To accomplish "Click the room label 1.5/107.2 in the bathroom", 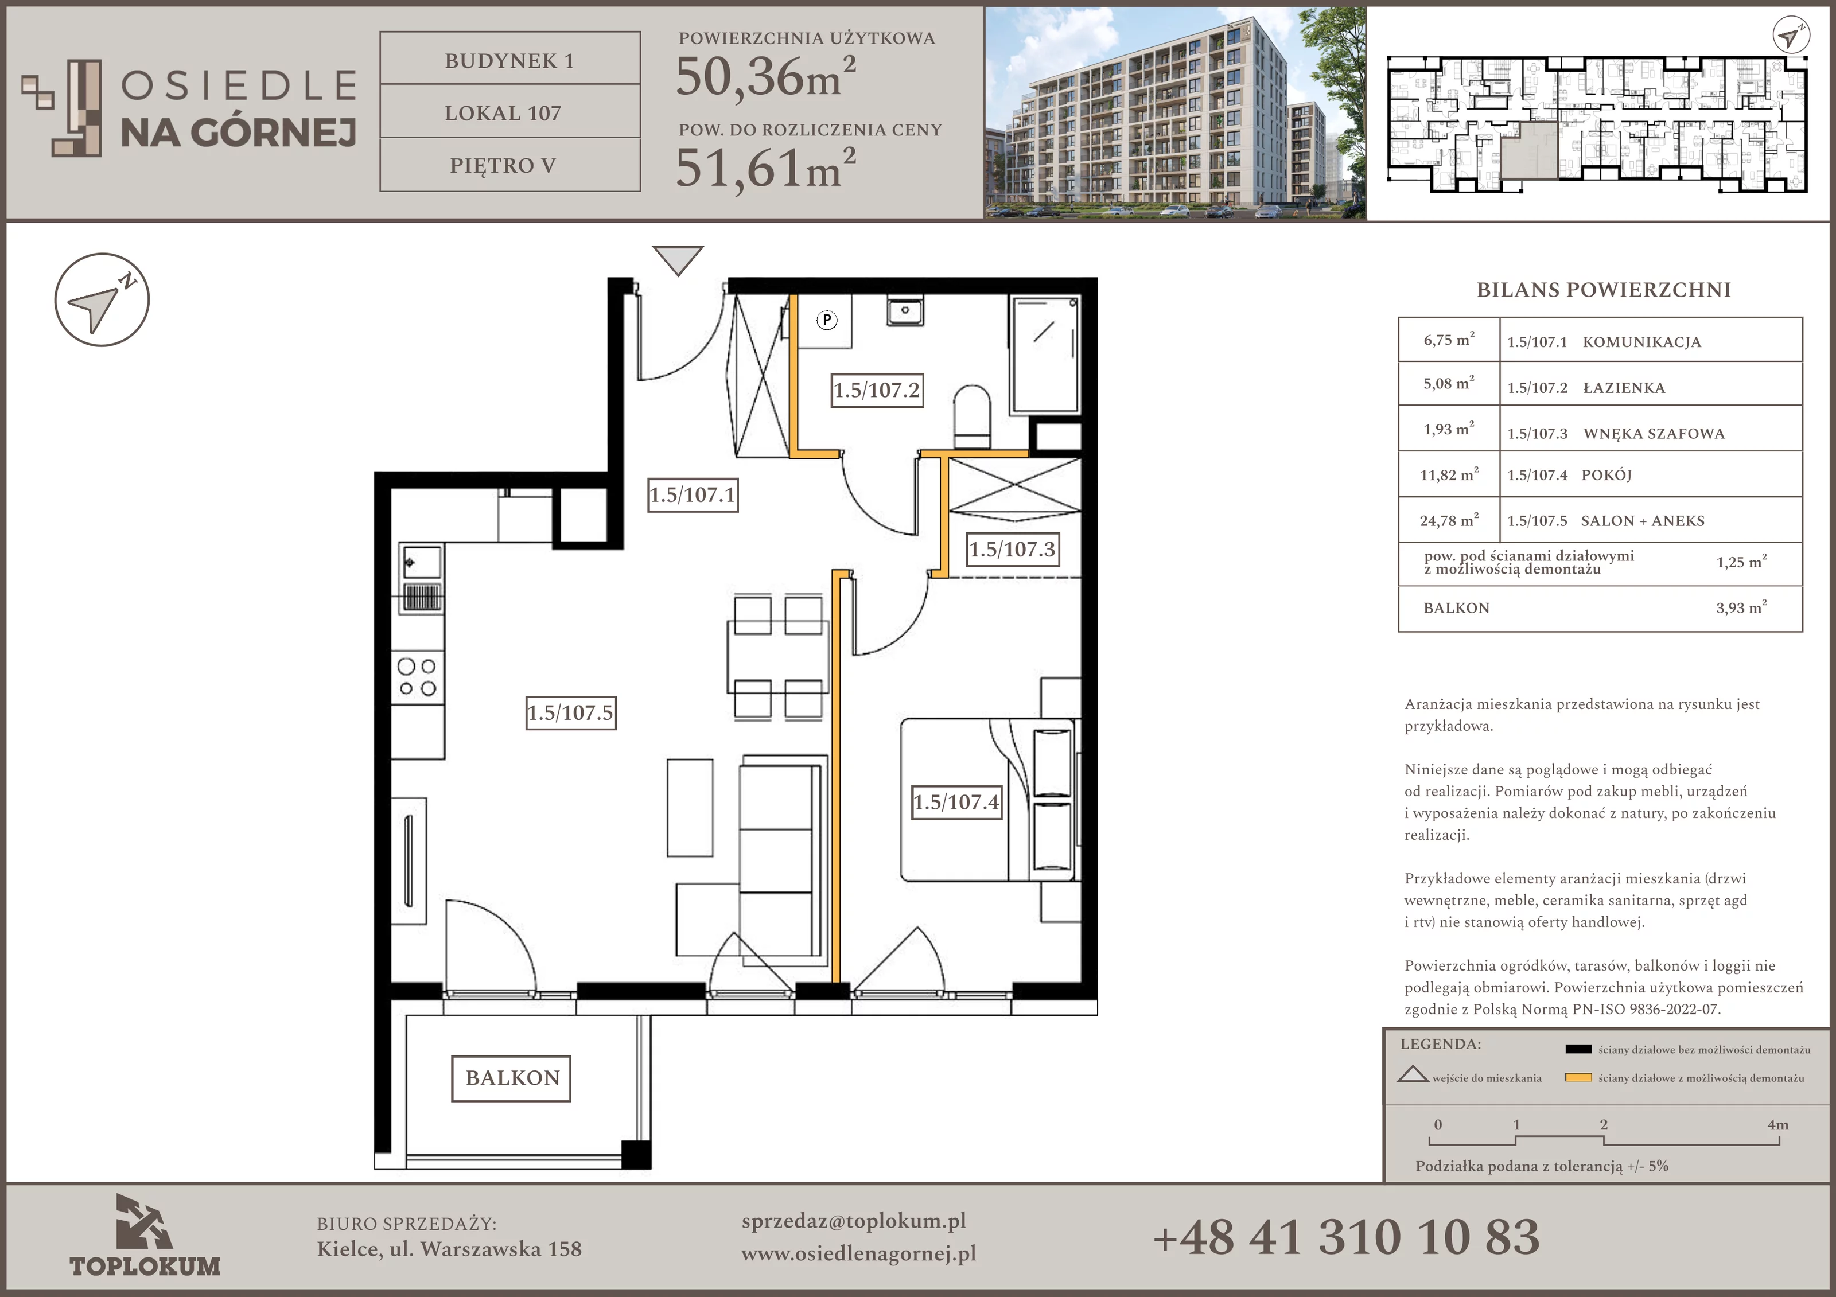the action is coord(877,390).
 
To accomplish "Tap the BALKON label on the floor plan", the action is coord(512,1078).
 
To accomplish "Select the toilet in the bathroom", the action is coord(971,416).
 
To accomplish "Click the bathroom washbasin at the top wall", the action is coord(905,309).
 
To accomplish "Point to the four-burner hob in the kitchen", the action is coord(418,677).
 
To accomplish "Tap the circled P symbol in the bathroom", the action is coord(826,321).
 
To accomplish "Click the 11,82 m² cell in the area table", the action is coord(1449,474).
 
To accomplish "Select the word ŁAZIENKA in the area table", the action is coord(1624,388).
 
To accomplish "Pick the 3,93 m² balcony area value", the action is coord(1741,607).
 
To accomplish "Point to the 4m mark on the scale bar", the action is coord(1777,1125).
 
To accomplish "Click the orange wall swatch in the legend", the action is coord(1578,1077).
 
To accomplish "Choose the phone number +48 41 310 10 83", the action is coord(1346,1236).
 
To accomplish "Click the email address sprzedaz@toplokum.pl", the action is coord(853,1221).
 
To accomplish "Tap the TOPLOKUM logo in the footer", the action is coord(145,1234).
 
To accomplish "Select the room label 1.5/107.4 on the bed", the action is coord(956,802).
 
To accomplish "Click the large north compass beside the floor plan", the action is coord(102,300).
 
